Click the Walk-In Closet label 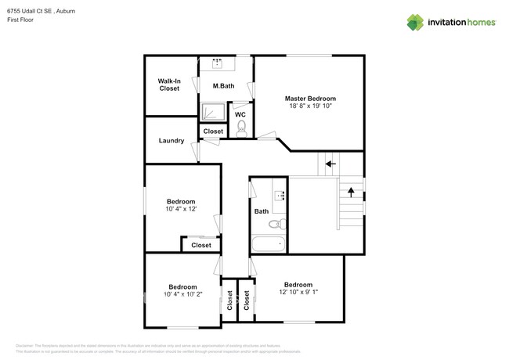point(169,85)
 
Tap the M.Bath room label point(223,85)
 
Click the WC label point(240,114)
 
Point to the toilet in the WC point(241,127)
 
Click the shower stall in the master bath point(211,113)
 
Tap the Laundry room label point(171,141)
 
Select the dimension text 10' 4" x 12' point(180,209)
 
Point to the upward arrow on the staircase point(351,190)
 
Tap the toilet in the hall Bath point(276,224)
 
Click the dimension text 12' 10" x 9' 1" point(298,293)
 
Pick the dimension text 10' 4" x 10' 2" point(182,294)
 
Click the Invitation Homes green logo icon point(416,22)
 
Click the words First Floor point(21,22)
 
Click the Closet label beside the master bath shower point(213,131)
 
